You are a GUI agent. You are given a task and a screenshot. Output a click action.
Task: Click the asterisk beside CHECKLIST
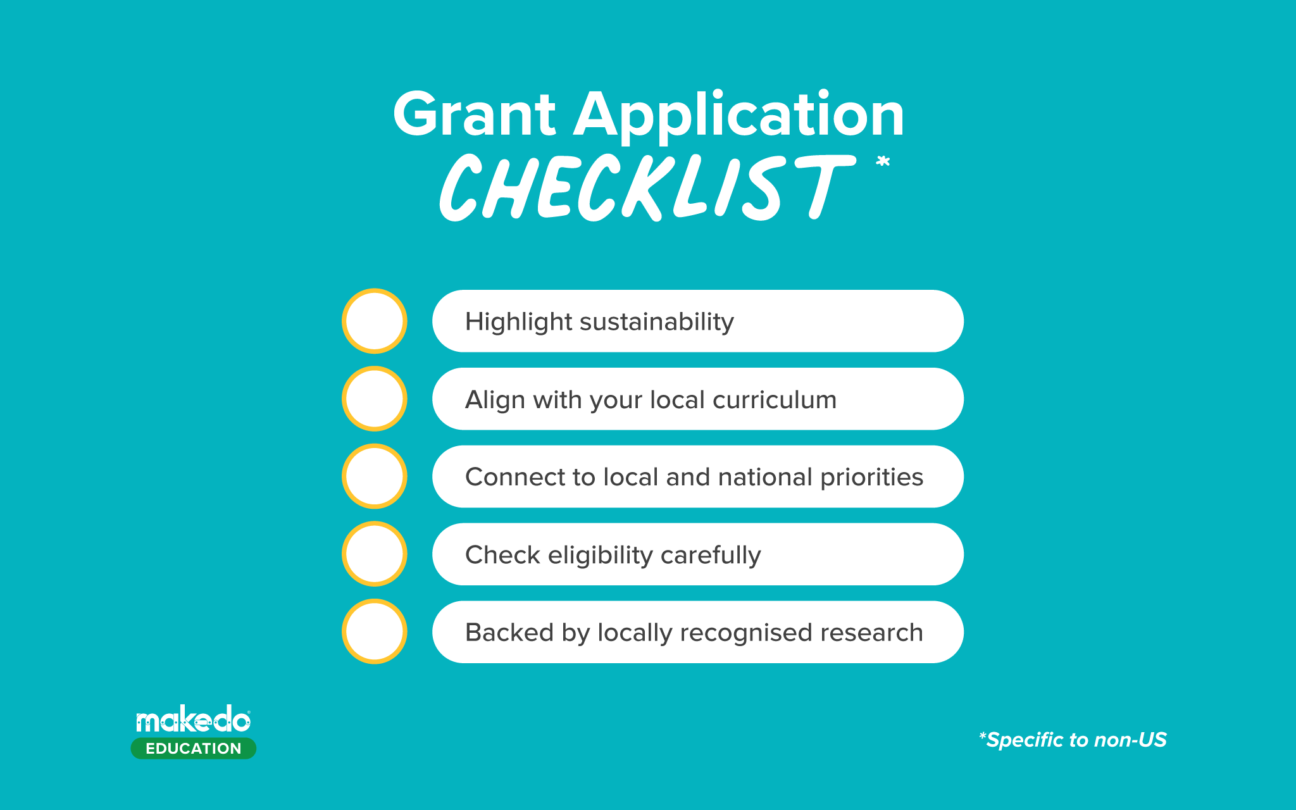point(883,162)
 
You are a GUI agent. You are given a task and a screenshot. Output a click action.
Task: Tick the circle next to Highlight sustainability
point(375,321)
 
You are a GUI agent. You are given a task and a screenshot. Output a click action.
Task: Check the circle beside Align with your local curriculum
point(375,399)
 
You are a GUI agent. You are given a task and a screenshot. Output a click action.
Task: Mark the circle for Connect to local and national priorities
point(375,477)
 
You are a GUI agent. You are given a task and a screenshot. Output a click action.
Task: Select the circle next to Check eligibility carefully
point(375,554)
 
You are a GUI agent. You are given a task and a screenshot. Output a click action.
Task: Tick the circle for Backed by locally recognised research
point(375,632)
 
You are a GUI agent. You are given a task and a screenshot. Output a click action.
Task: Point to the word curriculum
point(775,400)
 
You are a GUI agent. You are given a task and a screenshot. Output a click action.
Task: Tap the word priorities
point(871,478)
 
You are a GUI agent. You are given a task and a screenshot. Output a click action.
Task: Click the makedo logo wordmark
point(193,720)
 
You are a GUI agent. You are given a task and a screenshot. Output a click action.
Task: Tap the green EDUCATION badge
point(194,749)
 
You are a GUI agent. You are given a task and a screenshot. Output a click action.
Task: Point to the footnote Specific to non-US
point(1073,740)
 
